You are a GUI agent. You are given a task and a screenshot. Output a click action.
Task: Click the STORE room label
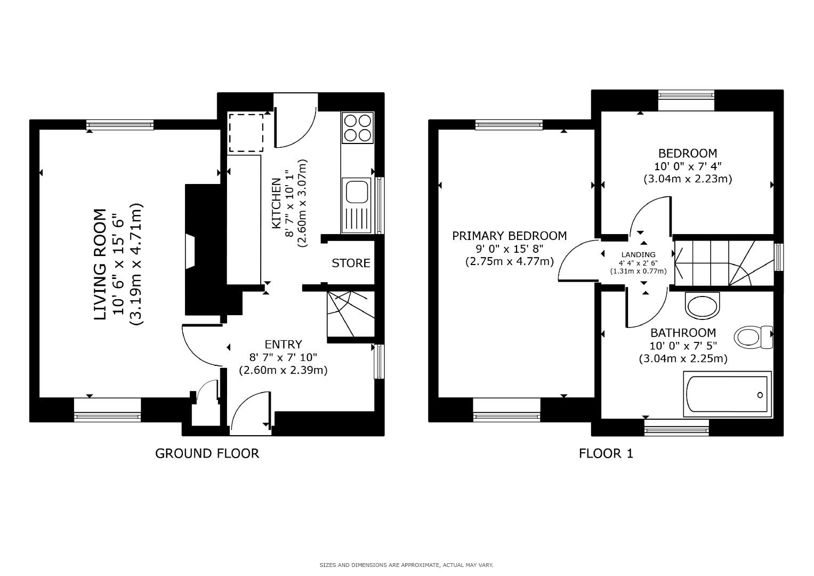tap(351, 263)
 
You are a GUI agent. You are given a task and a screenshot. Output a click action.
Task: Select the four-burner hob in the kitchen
tap(357, 127)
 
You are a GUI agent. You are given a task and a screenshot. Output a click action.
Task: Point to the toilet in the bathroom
tap(753, 337)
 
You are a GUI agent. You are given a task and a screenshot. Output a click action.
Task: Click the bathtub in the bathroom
tap(728, 395)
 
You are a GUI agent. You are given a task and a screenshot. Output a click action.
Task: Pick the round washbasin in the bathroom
tap(702, 306)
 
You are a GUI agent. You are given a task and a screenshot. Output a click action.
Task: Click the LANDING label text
tap(638, 255)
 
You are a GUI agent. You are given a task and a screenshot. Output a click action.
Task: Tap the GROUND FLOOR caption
tap(207, 453)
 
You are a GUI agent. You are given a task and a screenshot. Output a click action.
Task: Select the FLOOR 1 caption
tap(606, 453)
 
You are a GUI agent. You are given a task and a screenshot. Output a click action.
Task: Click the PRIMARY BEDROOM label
tap(509, 236)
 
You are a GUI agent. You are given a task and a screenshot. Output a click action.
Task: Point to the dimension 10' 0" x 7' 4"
tap(688, 166)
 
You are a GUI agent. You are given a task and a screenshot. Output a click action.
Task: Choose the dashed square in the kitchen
tap(246, 133)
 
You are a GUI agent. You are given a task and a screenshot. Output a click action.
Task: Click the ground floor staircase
tap(350, 314)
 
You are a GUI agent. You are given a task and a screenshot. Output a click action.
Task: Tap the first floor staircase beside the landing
tap(723, 263)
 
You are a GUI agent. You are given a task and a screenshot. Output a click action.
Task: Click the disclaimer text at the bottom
tap(406, 565)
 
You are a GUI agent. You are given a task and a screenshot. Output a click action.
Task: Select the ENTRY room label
tap(283, 345)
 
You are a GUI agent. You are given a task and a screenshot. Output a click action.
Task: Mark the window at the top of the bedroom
tap(686, 95)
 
